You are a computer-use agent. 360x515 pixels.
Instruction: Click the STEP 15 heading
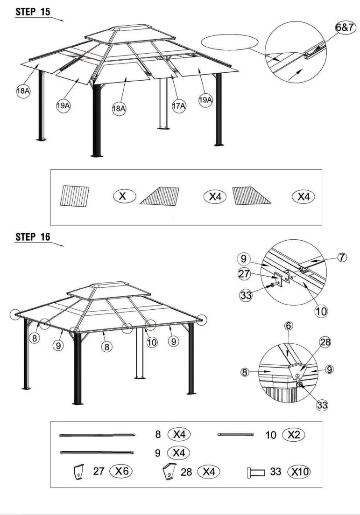point(33,12)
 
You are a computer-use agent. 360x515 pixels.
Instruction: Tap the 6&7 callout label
point(346,28)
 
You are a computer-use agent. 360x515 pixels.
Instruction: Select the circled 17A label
point(179,106)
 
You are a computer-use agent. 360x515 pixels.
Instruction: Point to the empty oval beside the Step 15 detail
point(231,43)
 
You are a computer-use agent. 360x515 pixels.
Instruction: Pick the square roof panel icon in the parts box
point(74,196)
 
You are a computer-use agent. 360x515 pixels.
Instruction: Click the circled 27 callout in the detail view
point(244,274)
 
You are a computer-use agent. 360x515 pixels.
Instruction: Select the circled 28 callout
point(325,343)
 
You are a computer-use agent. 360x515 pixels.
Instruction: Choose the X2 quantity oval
point(293,435)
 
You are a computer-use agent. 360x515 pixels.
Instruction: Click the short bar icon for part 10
point(236,435)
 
